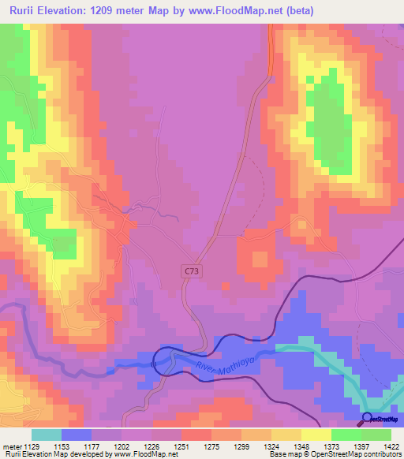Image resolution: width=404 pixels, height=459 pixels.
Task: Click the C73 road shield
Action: pos(191,271)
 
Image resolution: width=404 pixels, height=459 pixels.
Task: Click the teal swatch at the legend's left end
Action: pos(47,435)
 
